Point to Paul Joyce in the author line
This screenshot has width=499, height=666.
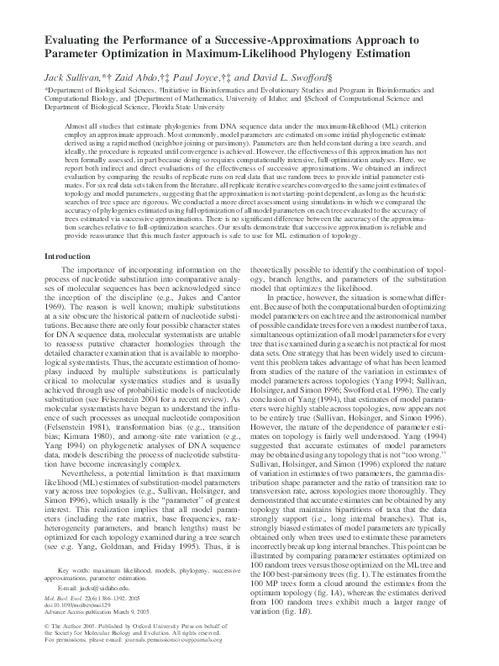coord(197,77)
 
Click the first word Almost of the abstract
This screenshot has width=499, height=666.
coord(76,124)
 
